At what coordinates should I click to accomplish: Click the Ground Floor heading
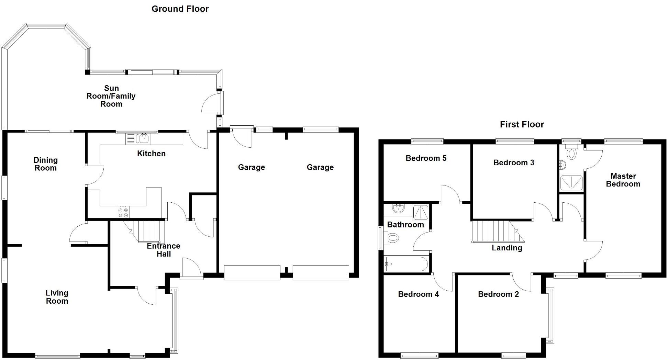click(180, 9)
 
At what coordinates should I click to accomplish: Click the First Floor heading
click(522, 124)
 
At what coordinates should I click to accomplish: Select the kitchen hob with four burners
click(123, 212)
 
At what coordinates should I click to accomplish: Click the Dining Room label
click(45, 164)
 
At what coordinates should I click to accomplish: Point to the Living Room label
click(57, 297)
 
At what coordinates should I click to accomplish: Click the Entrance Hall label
click(164, 250)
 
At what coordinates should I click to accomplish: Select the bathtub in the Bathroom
click(407, 264)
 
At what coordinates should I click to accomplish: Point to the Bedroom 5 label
click(426, 158)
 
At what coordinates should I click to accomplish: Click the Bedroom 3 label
click(514, 163)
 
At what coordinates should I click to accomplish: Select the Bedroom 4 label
click(418, 294)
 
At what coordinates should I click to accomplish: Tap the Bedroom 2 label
click(498, 294)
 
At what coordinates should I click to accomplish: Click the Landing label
click(507, 248)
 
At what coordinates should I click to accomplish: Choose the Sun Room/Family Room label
click(111, 96)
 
